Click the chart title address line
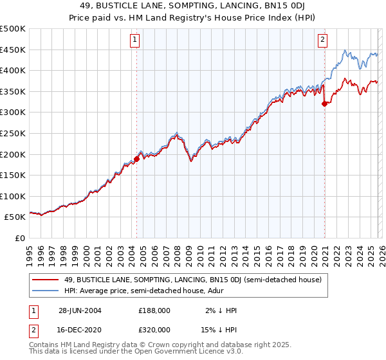point(192,7)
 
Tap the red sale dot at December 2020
point(324,104)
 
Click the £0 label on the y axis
point(19,238)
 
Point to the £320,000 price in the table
point(154,329)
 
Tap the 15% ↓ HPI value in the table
point(219,329)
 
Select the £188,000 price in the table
point(154,310)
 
